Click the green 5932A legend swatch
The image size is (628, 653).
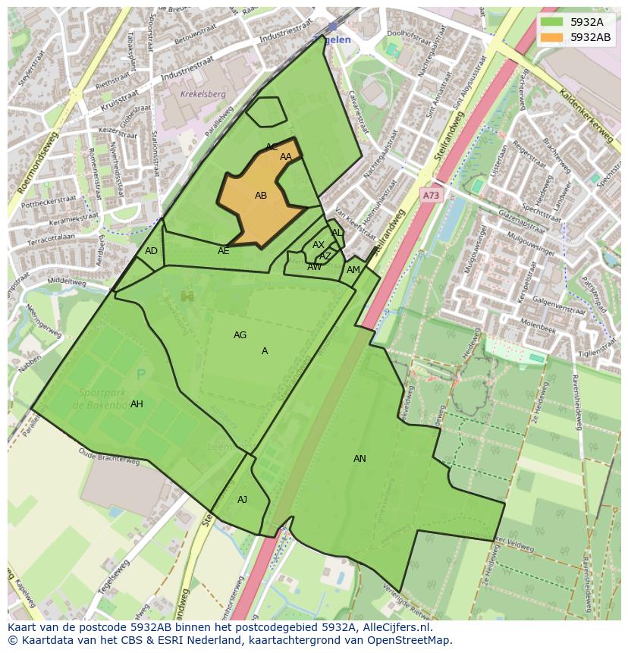(551, 22)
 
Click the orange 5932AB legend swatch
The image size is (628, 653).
(551, 37)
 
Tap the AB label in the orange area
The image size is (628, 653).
(261, 196)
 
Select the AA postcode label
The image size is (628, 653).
(286, 157)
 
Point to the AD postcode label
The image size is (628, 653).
(151, 251)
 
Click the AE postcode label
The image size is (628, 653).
(224, 251)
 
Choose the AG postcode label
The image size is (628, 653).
(240, 335)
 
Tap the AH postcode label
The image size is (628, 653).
(137, 404)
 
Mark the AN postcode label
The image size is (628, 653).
(360, 459)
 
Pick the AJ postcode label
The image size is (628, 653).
(242, 500)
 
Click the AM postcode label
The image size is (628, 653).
(353, 270)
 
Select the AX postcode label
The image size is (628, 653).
(319, 245)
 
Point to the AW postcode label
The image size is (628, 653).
(314, 267)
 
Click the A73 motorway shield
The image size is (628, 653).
(431, 196)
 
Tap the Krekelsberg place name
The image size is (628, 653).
(203, 95)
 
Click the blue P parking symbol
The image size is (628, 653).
(140, 375)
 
